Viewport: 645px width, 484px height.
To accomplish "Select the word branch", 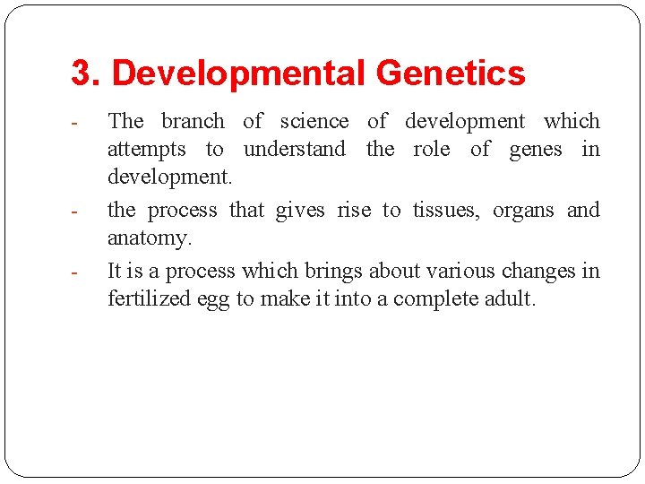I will click(193, 121).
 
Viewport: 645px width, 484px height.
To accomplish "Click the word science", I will click(314, 121).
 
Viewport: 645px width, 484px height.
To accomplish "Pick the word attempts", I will click(147, 150).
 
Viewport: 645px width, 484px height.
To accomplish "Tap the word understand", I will click(294, 149).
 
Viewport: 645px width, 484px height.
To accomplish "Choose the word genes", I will click(536, 150).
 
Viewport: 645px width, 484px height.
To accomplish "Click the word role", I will click(432, 149).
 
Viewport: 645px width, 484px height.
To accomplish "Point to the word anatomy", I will click(149, 239).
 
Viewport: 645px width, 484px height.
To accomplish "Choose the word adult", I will click(509, 299).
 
